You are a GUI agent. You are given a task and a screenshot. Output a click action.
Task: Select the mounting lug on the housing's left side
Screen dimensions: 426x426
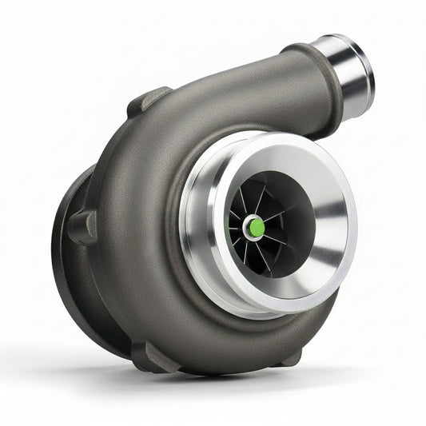tap(83, 227)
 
